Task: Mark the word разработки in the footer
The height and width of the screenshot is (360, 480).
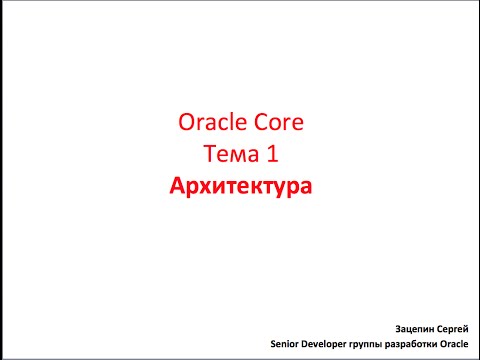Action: click(x=416, y=343)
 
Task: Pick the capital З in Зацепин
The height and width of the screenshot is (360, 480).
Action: click(x=399, y=326)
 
